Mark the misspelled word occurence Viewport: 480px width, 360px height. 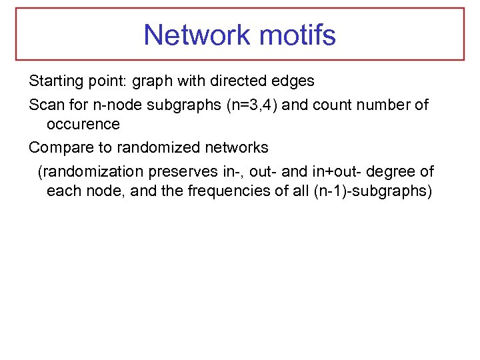coord(83,124)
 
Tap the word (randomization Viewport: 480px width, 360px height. coord(91,172)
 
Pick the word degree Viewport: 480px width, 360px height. coord(393,172)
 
